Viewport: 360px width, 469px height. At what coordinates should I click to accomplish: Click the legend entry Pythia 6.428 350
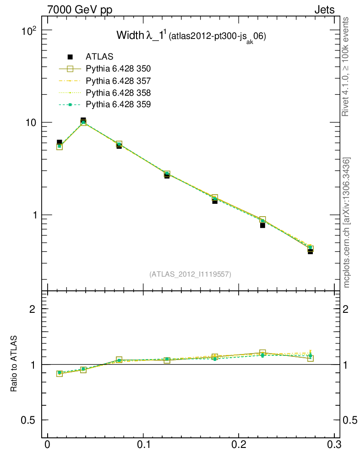click(118, 69)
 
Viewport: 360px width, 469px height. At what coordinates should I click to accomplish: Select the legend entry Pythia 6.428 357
click(118, 81)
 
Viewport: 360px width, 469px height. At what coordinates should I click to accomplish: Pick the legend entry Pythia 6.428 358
click(118, 93)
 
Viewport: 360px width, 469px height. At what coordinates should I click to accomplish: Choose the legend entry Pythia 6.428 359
click(118, 104)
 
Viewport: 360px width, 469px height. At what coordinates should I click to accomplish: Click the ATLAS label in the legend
click(99, 57)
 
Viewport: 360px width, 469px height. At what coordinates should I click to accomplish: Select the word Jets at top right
click(324, 10)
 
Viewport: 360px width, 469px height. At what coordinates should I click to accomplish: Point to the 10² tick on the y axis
click(29, 31)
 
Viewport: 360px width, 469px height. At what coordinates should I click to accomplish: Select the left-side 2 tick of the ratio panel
click(33, 309)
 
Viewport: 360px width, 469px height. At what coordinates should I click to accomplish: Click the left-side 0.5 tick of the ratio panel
click(29, 420)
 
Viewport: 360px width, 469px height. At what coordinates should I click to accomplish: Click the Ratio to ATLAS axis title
click(14, 364)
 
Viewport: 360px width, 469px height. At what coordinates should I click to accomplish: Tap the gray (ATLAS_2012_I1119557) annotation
click(190, 274)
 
